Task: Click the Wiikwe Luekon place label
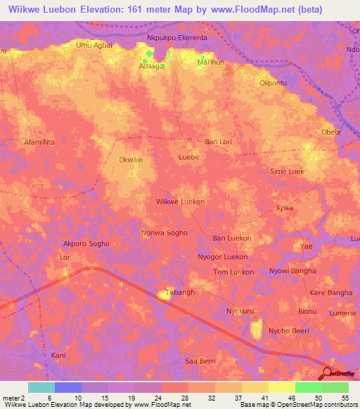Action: click(x=180, y=201)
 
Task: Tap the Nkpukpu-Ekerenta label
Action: click(x=176, y=37)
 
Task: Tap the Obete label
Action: click(x=331, y=132)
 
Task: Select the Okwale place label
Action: click(x=131, y=160)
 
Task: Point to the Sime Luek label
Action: click(x=287, y=171)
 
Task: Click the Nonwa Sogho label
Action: click(x=164, y=232)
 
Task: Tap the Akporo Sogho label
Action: click(x=87, y=244)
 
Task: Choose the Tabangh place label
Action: click(x=179, y=292)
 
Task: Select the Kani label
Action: click(x=59, y=356)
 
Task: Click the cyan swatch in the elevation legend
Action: click(x=41, y=387)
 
